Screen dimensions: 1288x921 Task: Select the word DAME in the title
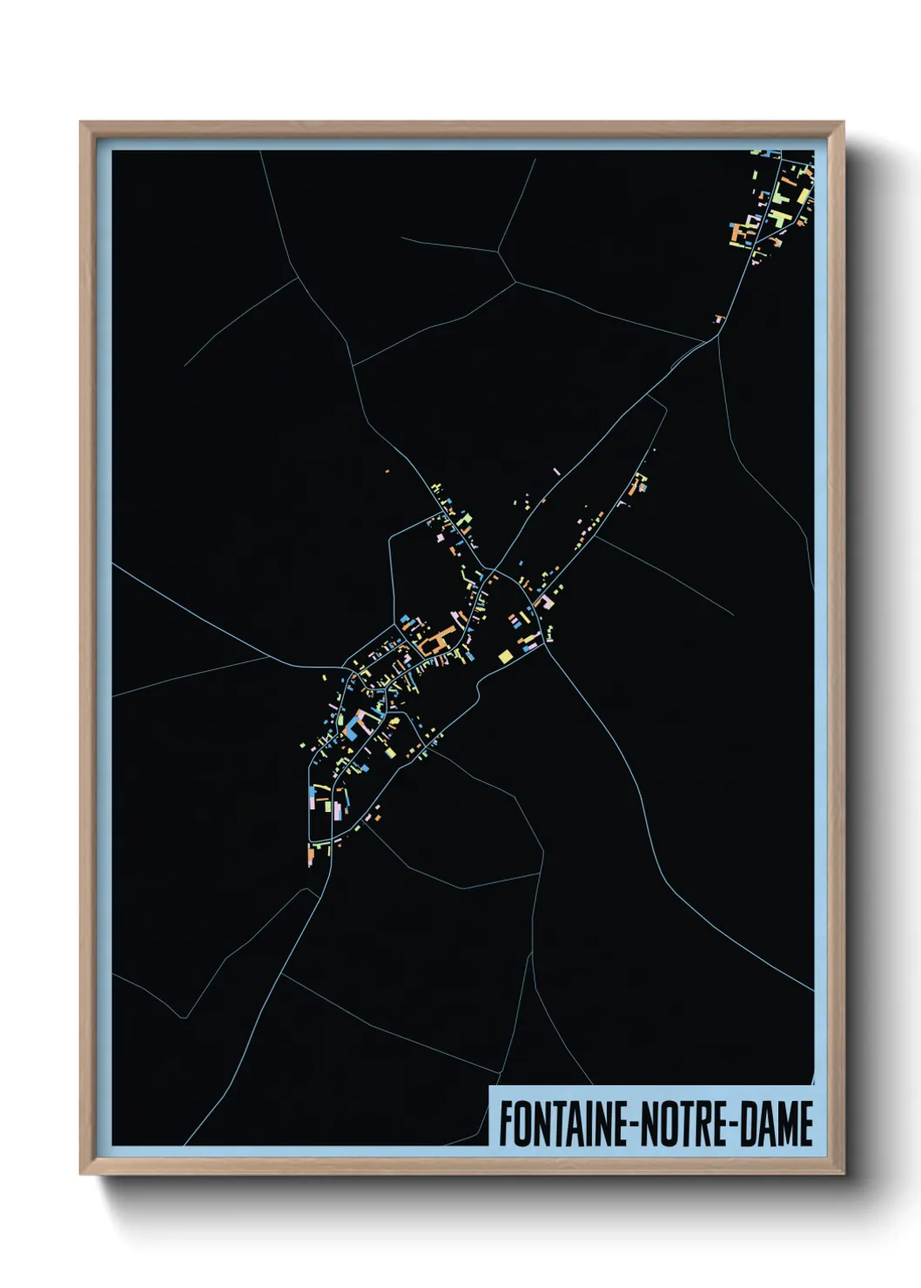click(x=777, y=1124)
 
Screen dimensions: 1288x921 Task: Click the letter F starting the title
click(x=505, y=1124)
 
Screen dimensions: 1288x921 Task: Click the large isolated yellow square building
click(x=504, y=656)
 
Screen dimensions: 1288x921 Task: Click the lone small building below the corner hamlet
click(x=719, y=319)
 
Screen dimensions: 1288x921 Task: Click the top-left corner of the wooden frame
click(x=81, y=123)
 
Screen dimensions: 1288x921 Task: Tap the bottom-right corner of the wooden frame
click(x=843, y=1174)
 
